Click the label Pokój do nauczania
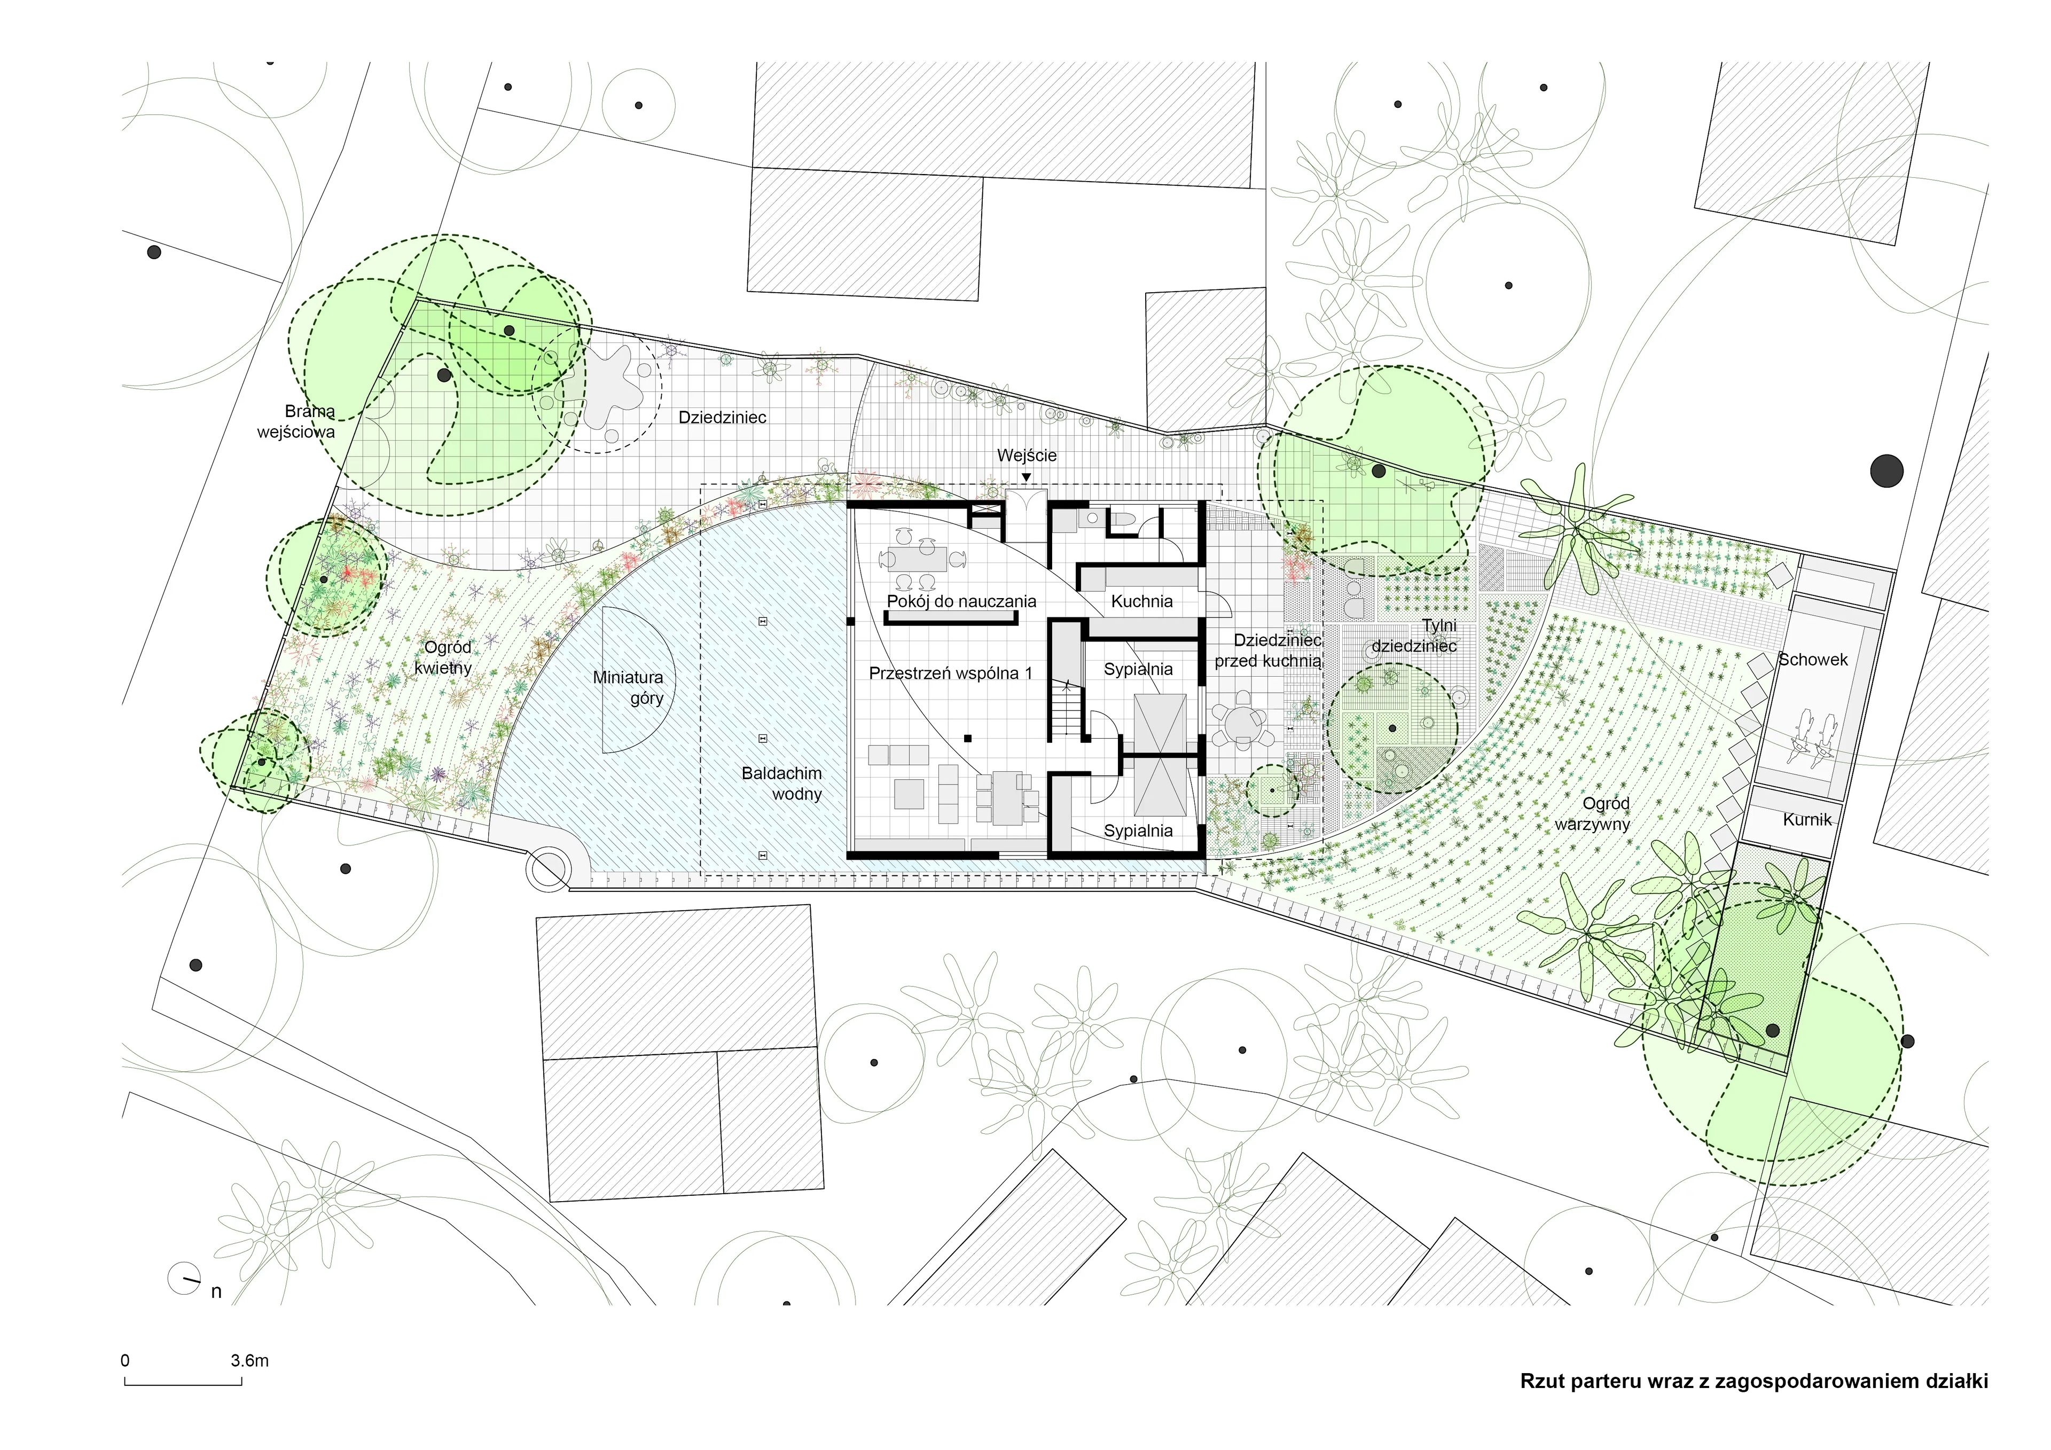pyautogui.click(x=961, y=601)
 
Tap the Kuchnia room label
pyautogui.click(x=1141, y=601)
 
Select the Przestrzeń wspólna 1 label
pyautogui.click(x=951, y=673)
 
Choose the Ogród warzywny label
pyautogui.click(x=1592, y=814)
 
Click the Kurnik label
pyautogui.click(x=1807, y=819)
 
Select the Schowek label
pyautogui.click(x=1812, y=660)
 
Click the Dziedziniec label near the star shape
pyautogui.click(x=722, y=417)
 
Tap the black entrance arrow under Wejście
pyautogui.click(x=1027, y=477)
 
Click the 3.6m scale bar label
pyautogui.click(x=249, y=1361)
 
